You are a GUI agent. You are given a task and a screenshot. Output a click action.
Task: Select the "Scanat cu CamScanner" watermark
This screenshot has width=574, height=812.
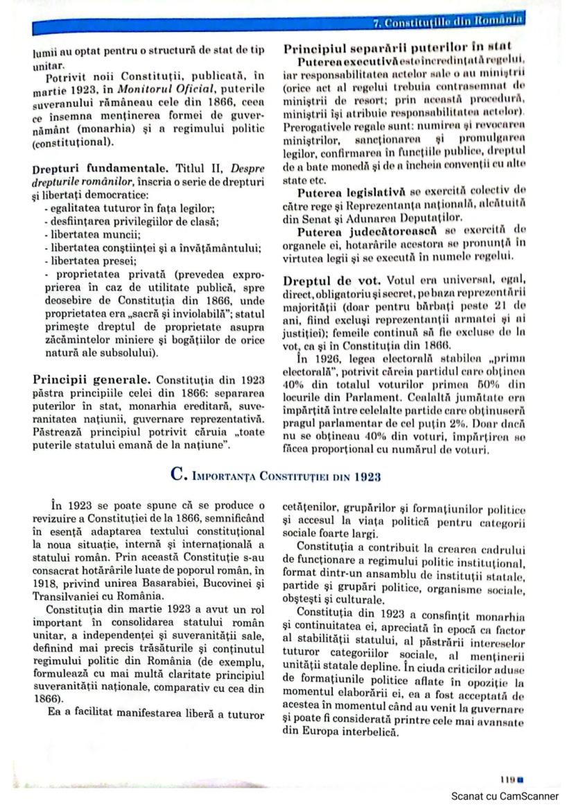click(504, 796)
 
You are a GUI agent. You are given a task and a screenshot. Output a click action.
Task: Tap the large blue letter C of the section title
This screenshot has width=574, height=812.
click(176, 476)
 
